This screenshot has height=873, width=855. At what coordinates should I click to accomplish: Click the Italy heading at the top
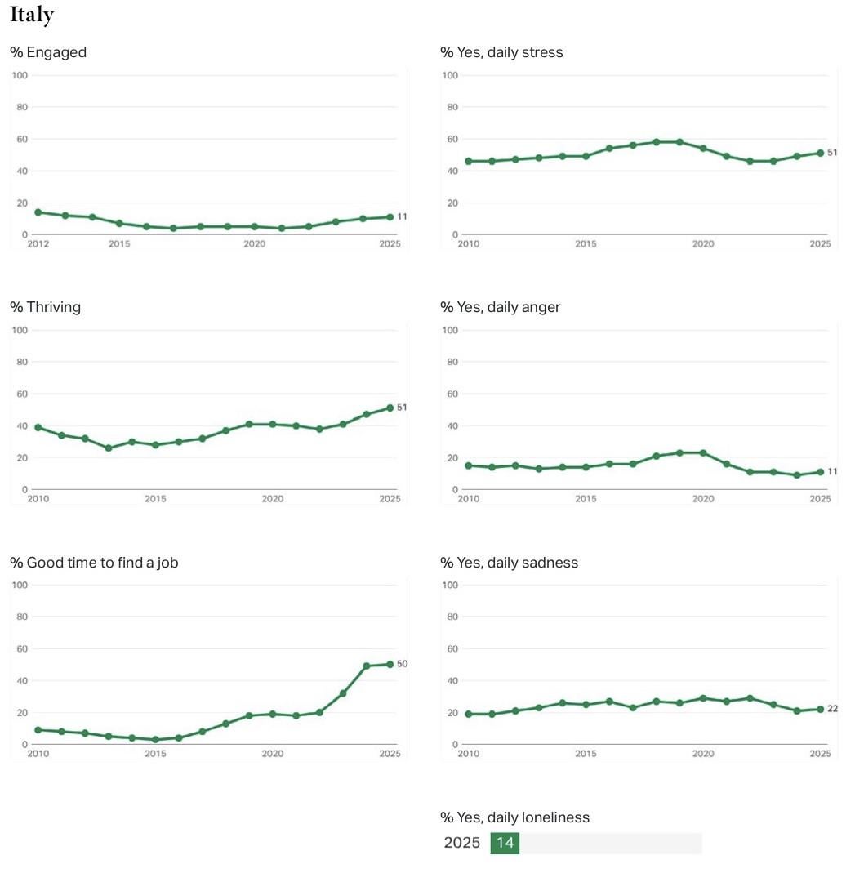tap(32, 15)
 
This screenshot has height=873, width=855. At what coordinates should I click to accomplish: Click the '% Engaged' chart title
tap(48, 52)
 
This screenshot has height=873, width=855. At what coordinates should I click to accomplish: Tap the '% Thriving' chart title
tap(46, 307)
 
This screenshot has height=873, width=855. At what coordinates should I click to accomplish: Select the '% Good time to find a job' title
tap(94, 563)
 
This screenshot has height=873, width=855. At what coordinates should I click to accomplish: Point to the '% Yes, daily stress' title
tap(501, 52)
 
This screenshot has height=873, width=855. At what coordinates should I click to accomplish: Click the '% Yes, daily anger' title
tap(500, 307)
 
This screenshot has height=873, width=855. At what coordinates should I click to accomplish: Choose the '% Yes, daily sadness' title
tap(509, 563)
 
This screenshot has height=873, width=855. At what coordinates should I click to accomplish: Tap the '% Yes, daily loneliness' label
tap(514, 817)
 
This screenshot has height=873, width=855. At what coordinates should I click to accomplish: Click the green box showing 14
tap(505, 843)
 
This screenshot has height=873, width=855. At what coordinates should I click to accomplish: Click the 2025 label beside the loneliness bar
tap(462, 843)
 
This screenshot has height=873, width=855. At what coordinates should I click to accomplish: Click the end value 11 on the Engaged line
tap(402, 217)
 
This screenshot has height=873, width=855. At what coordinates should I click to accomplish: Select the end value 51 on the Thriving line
tap(402, 408)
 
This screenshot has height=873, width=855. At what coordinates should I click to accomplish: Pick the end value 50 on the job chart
tap(402, 664)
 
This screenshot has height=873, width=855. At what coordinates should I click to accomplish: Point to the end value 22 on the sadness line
tap(832, 709)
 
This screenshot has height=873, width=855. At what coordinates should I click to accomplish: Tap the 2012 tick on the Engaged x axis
tap(38, 244)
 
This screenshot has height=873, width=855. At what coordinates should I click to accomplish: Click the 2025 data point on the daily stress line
tap(820, 153)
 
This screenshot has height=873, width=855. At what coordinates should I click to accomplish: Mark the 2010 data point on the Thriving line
tap(38, 427)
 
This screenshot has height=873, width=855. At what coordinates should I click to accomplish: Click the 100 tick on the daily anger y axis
tap(450, 330)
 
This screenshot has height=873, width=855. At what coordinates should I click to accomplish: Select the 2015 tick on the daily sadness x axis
tap(586, 754)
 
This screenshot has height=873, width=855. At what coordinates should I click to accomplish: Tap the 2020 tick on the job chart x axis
tap(273, 754)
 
